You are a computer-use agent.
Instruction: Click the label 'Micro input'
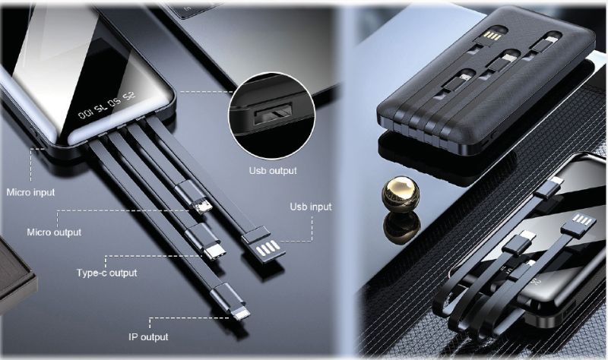point(30,192)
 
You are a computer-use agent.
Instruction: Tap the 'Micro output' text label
point(54,232)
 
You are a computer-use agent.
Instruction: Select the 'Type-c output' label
point(106,273)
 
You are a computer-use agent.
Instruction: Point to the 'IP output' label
point(148,336)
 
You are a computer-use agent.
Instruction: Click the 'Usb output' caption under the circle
point(273,170)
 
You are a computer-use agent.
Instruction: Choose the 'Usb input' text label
point(311,207)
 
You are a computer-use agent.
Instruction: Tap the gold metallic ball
point(401,193)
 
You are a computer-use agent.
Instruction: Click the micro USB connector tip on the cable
point(203,206)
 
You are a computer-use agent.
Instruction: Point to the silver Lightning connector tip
point(242,314)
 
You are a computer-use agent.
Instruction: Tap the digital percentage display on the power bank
point(106,105)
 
